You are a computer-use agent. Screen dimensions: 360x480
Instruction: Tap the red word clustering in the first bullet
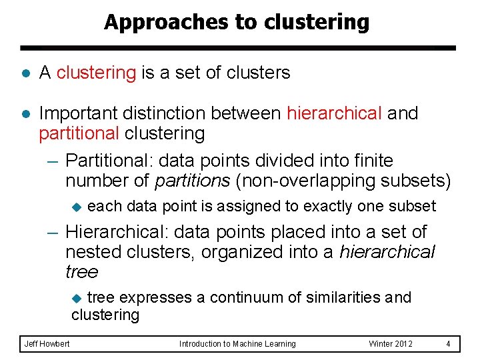click(96, 73)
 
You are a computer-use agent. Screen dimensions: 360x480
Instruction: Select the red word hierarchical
click(334, 113)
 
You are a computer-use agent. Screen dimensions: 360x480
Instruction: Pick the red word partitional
click(79, 133)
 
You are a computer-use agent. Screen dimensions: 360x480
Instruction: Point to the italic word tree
click(81, 272)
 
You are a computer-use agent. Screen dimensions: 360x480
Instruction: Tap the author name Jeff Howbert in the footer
click(47, 344)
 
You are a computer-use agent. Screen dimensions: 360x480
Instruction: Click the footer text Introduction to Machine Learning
click(237, 344)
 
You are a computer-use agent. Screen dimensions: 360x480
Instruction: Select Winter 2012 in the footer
click(391, 344)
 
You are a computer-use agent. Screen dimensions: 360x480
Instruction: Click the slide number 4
click(449, 344)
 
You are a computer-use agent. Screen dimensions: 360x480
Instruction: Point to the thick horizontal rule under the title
click(238, 48)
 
